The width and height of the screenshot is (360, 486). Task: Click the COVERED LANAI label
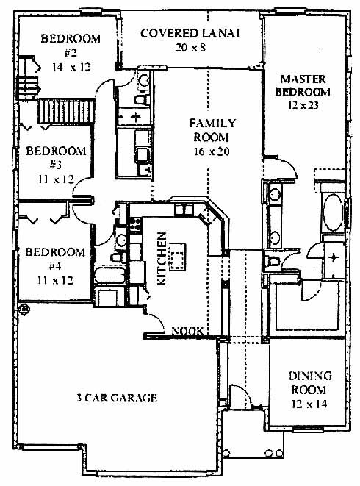pyautogui.click(x=190, y=34)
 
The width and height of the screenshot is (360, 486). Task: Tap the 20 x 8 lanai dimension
pyautogui.click(x=190, y=47)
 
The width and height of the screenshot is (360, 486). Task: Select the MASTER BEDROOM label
pyautogui.click(x=303, y=85)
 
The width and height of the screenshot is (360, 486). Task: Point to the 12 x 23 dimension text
pyautogui.click(x=303, y=105)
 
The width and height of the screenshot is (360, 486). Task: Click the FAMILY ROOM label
pyautogui.click(x=212, y=130)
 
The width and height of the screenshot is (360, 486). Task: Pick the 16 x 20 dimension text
pyautogui.click(x=212, y=151)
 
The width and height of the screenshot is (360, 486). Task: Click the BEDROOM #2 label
pyautogui.click(x=71, y=46)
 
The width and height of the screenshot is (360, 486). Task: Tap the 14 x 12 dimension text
pyautogui.click(x=71, y=67)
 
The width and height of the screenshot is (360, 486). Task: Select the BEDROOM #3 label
pyautogui.click(x=56, y=158)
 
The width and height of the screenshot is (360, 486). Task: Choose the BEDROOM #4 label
pyautogui.click(x=55, y=259)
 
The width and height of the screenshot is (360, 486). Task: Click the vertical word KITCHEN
pyautogui.click(x=162, y=259)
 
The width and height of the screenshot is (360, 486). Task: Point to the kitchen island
pyautogui.click(x=177, y=257)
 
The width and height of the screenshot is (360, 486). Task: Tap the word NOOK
pyautogui.click(x=188, y=331)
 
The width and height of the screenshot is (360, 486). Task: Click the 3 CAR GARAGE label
pyautogui.click(x=117, y=398)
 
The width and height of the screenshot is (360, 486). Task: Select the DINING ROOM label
pyautogui.click(x=310, y=383)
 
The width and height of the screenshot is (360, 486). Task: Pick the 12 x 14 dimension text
pyautogui.click(x=309, y=404)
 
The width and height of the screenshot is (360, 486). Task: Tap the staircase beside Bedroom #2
pyautogui.click(x=66, y=111)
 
